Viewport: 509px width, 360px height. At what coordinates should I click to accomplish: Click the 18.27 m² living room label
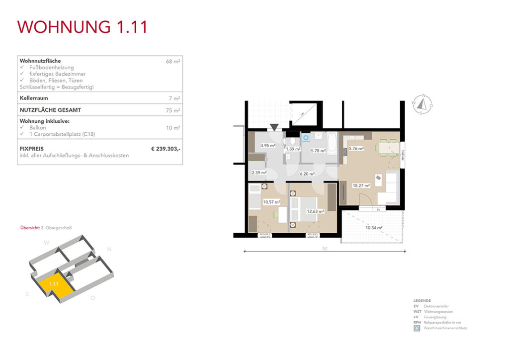point(361,185)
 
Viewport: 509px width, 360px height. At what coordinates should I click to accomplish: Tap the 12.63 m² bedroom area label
point(315,211)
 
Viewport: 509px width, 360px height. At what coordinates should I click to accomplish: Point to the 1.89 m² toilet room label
point(293,149)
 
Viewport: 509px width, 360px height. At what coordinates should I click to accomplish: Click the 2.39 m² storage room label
point(259,173)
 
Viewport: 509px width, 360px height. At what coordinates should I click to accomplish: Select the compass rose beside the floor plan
point(423,104)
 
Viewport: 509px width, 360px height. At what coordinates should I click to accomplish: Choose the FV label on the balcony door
point(378,209)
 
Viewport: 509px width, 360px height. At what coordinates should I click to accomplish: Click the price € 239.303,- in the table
point(166,149)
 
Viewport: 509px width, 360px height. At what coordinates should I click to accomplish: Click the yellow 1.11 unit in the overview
point(54,285)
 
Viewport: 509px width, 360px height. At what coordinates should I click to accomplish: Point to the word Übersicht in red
point(29,228)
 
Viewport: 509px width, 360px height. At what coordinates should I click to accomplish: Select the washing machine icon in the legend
point(417,328)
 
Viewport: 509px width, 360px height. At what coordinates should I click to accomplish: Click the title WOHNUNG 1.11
point(83,27)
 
